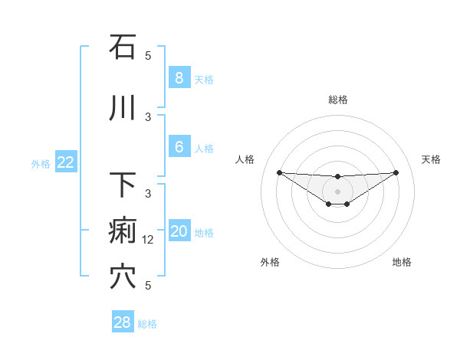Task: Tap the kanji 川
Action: (123, 109)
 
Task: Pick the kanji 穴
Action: (123, 277)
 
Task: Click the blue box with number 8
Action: (179, 78)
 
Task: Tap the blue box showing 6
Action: (179, 147)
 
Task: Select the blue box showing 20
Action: (179, 232)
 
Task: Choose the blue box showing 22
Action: (66, 162)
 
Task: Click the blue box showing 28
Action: (123, 322)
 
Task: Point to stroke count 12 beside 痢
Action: (149, 240)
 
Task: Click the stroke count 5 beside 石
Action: (149, 56)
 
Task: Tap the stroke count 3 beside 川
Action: (149, 117)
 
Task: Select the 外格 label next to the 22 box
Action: (40, 163)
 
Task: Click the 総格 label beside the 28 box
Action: (147, 324)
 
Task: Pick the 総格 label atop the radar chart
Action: (337, 100)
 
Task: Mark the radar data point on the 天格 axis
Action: (396, 172)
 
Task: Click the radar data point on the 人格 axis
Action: (279, 172)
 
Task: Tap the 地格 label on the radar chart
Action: (402, 262)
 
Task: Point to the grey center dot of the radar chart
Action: (337, 191)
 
